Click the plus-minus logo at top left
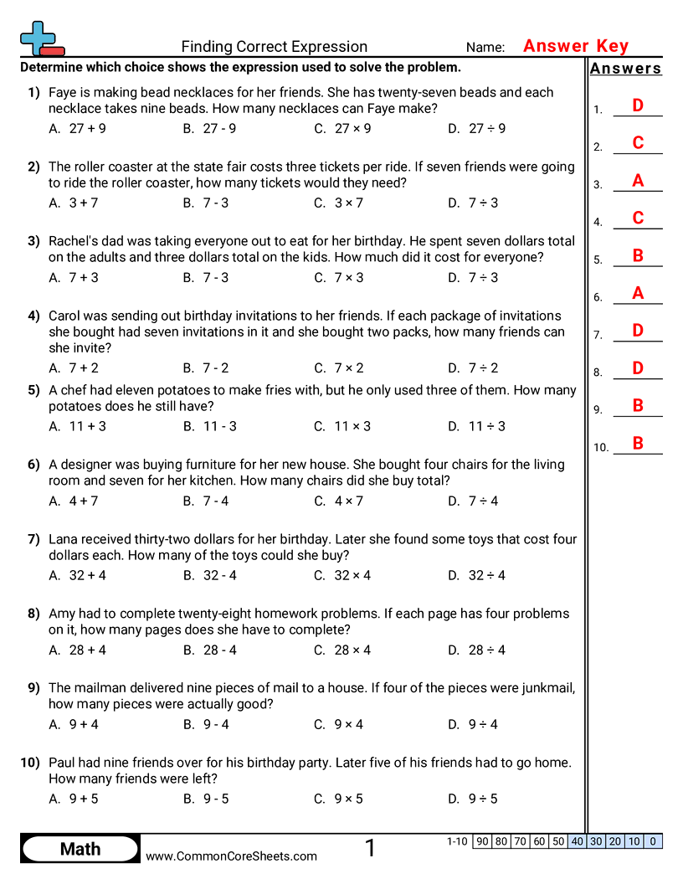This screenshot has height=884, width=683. coord(41,39)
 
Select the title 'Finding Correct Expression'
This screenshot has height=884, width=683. coord(275,47)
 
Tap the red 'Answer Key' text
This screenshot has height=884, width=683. coord(576,46)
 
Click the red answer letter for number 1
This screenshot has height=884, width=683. coord(638,105)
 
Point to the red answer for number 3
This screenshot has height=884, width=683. coord(638,181)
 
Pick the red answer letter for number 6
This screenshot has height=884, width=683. coord(638,293)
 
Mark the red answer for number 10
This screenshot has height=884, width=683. coord(638,444)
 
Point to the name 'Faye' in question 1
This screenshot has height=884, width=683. coord(64,93)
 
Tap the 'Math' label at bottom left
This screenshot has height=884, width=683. coord(80,849)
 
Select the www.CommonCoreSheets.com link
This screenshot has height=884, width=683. coord(232,856)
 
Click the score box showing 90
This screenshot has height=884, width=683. coord(482,841)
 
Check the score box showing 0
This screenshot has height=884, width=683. coord(653,841)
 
